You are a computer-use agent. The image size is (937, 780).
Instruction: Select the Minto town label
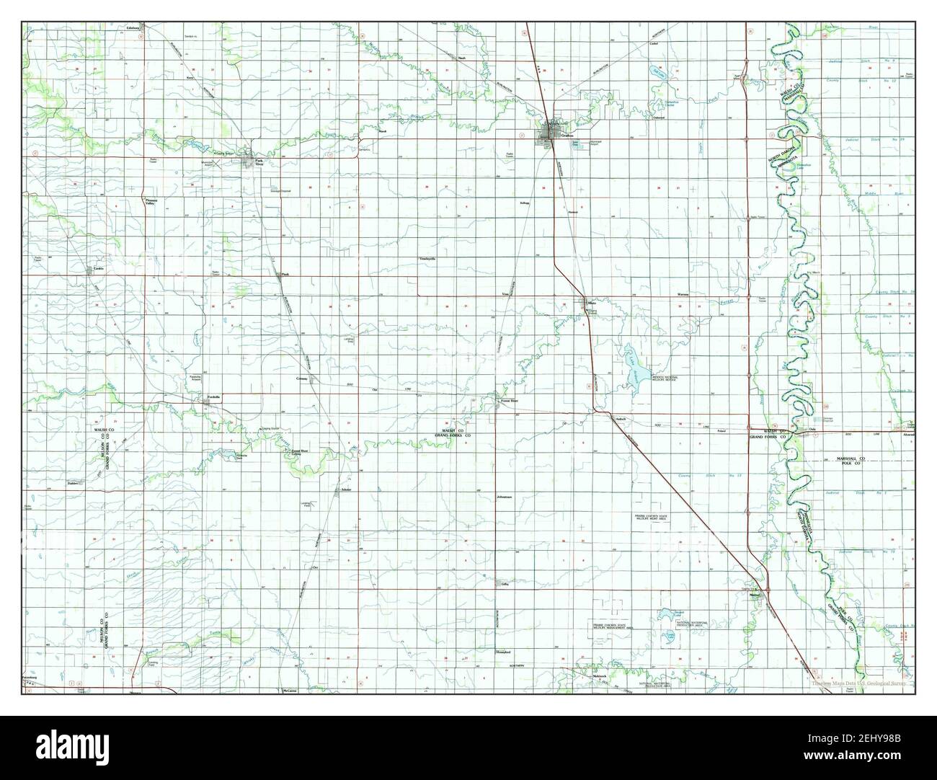point(592,303)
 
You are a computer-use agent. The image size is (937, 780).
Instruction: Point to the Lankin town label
point(99,270)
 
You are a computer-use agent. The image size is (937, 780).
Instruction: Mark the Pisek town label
point(285,274)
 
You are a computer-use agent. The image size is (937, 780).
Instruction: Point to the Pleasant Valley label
point(150,203)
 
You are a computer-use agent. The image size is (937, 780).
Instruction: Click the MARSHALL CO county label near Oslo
point(854,458)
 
